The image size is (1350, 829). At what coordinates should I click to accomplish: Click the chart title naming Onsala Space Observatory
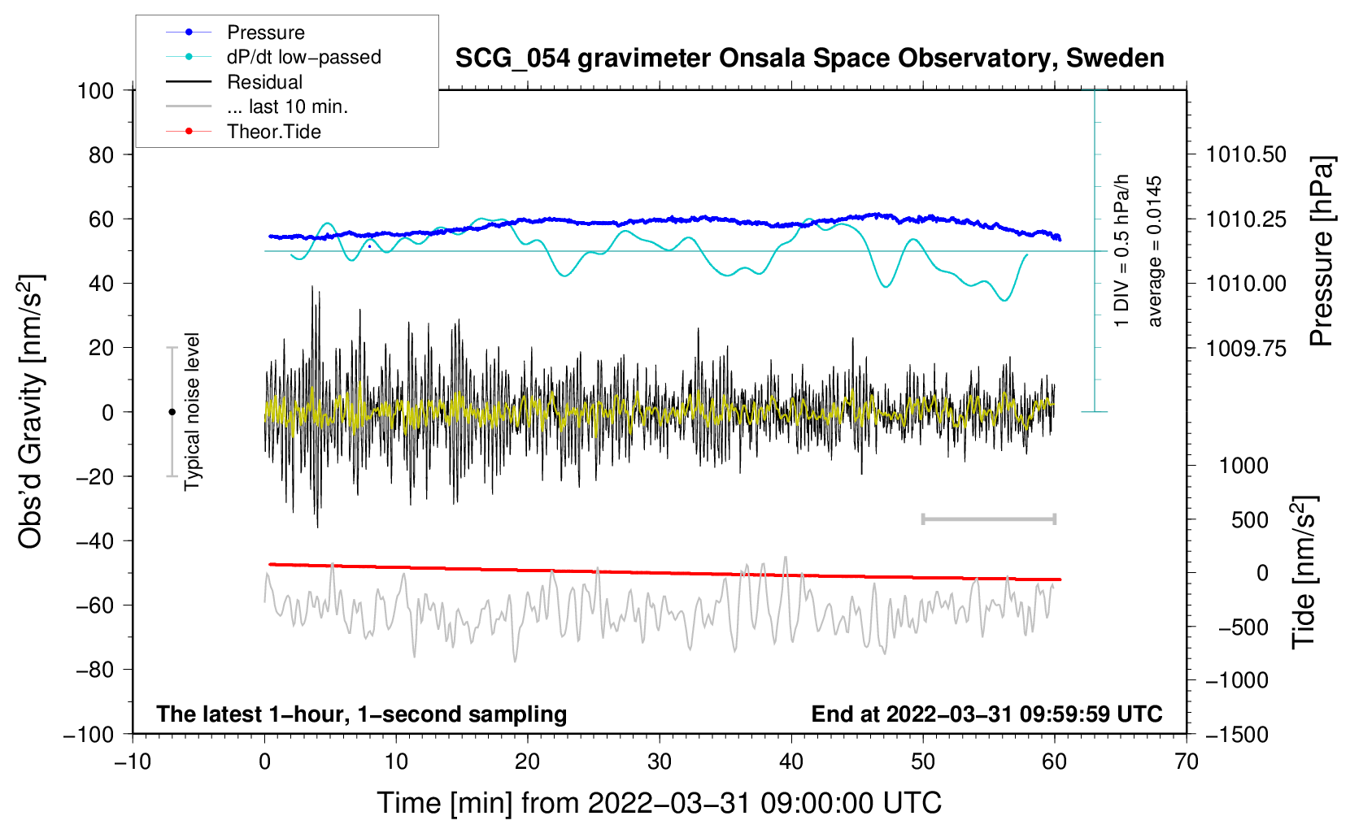[x=809, y=59]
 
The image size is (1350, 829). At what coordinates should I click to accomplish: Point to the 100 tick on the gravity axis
[x=95, y=90]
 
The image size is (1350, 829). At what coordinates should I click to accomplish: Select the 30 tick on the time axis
[x=660, y=762]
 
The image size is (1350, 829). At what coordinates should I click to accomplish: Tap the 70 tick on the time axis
[x=1187, y=762]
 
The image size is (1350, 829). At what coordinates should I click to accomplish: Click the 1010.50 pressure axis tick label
[x=1246, y=154]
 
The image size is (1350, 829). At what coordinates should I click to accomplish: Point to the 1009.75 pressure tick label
[x=1246, y=349]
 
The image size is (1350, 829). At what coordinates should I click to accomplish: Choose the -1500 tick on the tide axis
[x=1237, y=735]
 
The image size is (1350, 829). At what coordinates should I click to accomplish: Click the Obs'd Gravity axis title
[x=30, y=412]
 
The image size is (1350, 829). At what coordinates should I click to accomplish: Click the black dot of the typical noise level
[x=172, y=412]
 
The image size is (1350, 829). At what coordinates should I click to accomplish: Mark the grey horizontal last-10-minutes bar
[x=988, y=519]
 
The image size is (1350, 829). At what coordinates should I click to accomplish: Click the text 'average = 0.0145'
[x=1155, y=251]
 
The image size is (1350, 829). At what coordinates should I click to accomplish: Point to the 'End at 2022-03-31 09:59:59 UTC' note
[x=986, y=714]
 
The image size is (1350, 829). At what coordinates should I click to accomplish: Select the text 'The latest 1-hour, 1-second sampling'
[x=362, y=714]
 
